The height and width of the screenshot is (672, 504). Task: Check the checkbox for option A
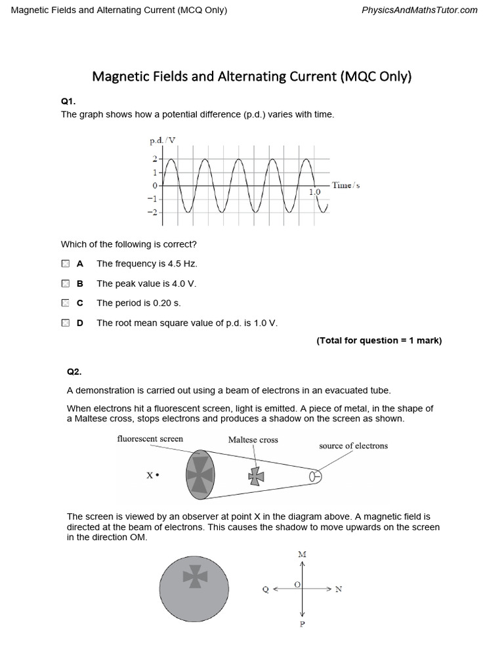coord(65,264)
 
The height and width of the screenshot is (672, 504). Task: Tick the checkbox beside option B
coord(65,283)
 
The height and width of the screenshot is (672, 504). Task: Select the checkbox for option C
coord(65,303)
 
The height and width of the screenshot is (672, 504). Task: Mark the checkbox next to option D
coord(65,323)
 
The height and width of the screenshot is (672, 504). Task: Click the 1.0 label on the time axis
coord(314,192)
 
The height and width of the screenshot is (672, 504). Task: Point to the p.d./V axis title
coord(163,140)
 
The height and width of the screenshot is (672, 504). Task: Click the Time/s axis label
coord(346,186)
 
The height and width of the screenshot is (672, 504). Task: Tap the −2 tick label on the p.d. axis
coord(152,213)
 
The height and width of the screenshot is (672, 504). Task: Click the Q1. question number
coord(68,102)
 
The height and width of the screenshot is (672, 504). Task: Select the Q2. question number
coord(74,372)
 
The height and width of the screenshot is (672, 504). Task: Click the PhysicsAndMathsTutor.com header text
coord(419,10)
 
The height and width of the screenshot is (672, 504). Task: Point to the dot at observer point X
coord(157,475)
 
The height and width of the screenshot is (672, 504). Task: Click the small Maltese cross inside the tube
coord(257,476)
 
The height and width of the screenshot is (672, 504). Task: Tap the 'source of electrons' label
coord(353,446)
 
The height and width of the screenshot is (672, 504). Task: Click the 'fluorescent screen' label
coord(150,439)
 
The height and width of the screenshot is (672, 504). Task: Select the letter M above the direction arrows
coord(302,555)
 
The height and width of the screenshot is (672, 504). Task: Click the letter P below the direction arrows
coord(302,624)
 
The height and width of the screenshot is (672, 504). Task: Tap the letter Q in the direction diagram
coord(265,590)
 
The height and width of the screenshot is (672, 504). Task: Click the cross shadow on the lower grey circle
coord(195,576)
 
